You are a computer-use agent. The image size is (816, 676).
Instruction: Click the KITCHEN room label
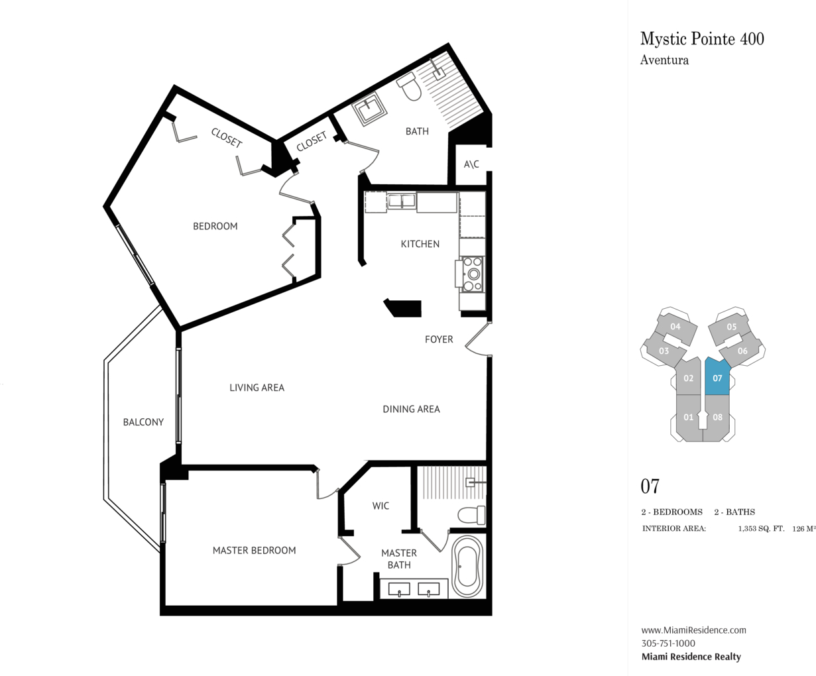point(420,244)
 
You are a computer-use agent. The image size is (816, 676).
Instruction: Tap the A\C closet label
point(471,164)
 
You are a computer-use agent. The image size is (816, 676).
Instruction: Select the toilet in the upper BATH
point(409,86)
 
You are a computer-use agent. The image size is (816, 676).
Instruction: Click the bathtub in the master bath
point(467,566)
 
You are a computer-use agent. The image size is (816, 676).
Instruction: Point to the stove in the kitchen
point(472,274)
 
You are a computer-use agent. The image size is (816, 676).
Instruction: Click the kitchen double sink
point(401,201)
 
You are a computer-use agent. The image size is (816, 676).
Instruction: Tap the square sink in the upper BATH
point(369,109)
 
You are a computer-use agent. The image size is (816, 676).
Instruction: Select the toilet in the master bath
point(471,515)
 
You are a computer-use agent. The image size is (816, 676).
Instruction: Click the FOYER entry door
point(477,339)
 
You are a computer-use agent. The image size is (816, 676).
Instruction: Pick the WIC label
point(380,506)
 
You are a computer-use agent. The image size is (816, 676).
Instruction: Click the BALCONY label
point(143,422)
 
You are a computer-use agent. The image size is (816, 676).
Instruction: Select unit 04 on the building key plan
point(675,327)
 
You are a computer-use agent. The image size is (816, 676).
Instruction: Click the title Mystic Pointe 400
point(702,39)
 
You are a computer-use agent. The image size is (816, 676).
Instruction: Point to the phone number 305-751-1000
point(668,643)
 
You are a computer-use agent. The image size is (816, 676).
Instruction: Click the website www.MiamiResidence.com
point(693,630)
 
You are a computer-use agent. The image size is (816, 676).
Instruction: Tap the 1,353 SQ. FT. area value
point(761,529)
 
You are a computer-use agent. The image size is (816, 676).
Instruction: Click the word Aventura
point(664,60)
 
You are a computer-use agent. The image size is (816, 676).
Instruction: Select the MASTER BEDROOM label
point(254,550)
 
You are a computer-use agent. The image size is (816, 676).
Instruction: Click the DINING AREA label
point(411,409)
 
